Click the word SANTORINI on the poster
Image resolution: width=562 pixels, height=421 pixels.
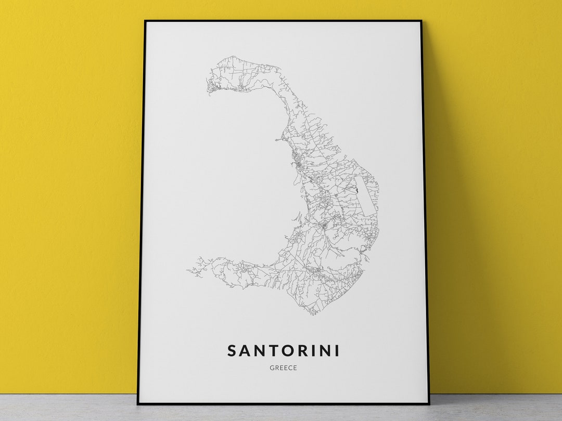click(284, 351)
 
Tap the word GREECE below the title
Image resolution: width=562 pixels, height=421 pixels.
click(284, 368)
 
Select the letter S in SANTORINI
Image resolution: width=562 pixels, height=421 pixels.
click(233, 351)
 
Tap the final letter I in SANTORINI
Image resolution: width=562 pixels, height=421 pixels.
click(337, 351)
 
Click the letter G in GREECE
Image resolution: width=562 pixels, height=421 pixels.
click(272, 368)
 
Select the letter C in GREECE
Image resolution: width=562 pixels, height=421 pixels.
click(290, 368)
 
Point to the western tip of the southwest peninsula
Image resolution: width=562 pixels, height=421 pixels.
click(188, 270)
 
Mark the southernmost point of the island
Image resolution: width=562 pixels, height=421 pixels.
click(312, 315)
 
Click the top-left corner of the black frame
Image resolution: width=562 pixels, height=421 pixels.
click(146, 21)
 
